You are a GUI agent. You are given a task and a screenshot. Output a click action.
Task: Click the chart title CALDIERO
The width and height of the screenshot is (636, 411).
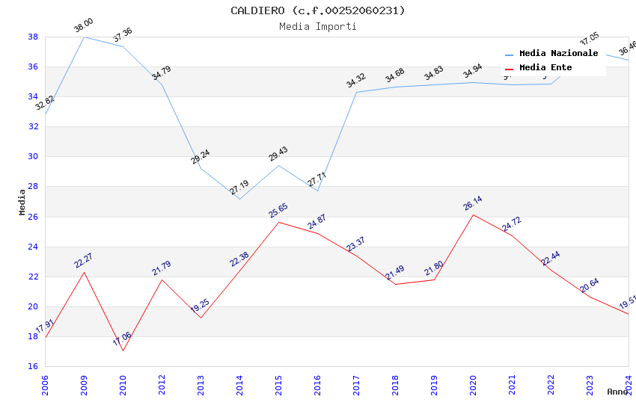[x=317, y=10]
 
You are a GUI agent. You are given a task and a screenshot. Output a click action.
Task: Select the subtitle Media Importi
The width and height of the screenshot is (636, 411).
[x=317, y=26]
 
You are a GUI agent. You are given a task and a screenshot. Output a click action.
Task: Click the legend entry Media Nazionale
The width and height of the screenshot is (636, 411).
[x=558, y=54]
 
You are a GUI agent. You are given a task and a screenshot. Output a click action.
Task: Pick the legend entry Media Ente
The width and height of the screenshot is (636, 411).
[x=545, y=68]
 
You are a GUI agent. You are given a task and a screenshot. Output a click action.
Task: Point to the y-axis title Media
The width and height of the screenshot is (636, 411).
[x=22, y=202]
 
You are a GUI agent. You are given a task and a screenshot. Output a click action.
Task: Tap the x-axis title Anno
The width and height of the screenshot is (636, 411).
[x=617, y=392]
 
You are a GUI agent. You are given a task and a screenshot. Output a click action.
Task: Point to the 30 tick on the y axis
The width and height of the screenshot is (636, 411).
[x=34, y=157]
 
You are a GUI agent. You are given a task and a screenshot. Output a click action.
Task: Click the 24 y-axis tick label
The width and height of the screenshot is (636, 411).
[x=34, y=247]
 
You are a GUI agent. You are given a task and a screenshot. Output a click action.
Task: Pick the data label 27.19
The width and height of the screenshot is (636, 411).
[x=239, y=188]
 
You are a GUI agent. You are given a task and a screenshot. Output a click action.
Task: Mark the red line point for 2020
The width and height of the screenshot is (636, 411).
[x=473, y=214]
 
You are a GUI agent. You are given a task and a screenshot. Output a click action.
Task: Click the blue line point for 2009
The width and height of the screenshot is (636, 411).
[x=84, y=37]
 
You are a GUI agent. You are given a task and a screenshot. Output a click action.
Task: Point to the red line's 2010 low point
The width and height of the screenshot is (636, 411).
[x=123, y=350]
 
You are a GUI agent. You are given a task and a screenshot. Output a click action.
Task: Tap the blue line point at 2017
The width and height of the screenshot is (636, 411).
[x=356, y=92]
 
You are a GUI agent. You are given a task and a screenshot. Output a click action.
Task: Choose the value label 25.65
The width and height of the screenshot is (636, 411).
[x=278, y=211]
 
